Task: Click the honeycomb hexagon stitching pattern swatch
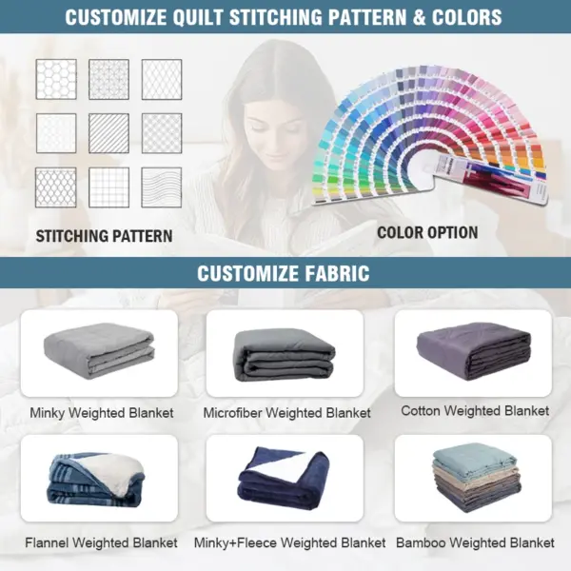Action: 56,79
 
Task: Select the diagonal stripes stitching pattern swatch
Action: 108,133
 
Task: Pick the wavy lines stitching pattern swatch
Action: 162,187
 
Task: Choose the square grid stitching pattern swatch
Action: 108,187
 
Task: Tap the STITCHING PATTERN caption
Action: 104,236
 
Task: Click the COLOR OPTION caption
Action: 427,233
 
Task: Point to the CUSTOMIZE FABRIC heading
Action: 284,273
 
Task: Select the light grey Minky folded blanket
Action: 99,351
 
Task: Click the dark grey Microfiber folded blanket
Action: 285,356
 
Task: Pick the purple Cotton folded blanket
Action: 473,351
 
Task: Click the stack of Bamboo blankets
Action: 477,478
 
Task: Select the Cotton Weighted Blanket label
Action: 475,411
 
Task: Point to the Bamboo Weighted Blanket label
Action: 475,542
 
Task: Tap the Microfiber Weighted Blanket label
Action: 287,413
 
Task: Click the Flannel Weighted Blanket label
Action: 101,542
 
